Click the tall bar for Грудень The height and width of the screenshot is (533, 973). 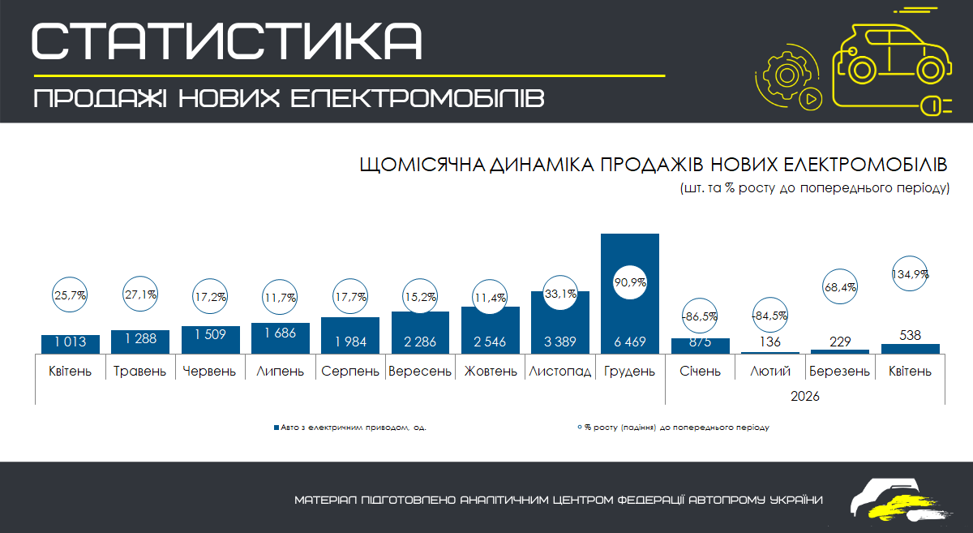pyautogui.click(x=630, y=294)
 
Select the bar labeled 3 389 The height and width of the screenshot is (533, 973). pyautogui.click(x=560, y=322)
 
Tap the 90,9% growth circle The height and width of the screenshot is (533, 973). pyautogui.click(x=630, y=282)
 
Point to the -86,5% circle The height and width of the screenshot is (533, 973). pyautogui.click(x=700, y=316)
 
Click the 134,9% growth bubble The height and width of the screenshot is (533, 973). pyautogui.click(x=910, y=274)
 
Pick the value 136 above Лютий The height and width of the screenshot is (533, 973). pyautogui.click(x=769, y=342)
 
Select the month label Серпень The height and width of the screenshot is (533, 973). pyautogui.click(x=350, y=372)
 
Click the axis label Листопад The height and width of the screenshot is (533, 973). pyautogui.click(x=560, y=372)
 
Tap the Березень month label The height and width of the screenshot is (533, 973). pyautogui.click(x=840, y=372)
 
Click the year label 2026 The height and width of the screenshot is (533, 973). pyautogui.click(x=805, y=396)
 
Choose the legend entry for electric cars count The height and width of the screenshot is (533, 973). pyautogui.click(x=350, y=428)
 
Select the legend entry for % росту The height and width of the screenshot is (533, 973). pyautogui.click(x=673, y=428)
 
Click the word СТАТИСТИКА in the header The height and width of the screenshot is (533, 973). pyautogui.click(x=227, y=41)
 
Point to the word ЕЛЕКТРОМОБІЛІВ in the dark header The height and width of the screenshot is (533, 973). pyautogui.click(x=417, y=98)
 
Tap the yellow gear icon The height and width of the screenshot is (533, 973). pyautogui.click(x=787, y=75)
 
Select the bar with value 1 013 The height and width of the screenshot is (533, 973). pyautogui.click(x=71, y=344)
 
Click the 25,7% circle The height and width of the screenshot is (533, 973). pyautogui.click(x=70, y=294)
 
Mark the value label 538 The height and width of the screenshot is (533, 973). pyautogui.click(x=910, y=335)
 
